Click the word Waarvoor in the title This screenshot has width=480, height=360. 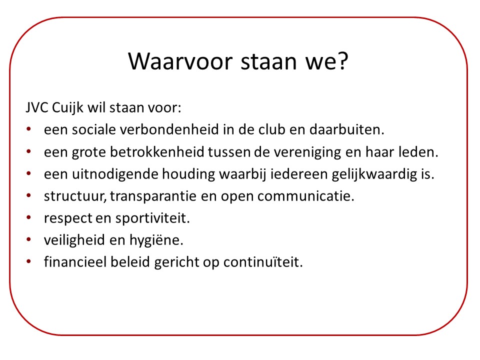[x=180, y=61]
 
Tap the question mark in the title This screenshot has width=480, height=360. [x=343, y=60]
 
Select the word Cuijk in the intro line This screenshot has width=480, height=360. [x=67, y=108]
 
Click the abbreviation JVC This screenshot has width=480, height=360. [x=37, y=107]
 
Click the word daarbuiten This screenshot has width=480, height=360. [x=347, y=129]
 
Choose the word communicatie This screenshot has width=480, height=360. [x=306, y=196]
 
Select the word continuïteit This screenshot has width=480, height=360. [x=263, y=262]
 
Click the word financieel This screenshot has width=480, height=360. [x=75, y=262]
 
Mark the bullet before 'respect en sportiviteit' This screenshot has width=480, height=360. [x=29, y=217]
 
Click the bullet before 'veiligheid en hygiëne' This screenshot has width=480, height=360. [x=29, y=239]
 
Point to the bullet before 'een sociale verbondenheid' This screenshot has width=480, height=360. [x=29, y=129]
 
